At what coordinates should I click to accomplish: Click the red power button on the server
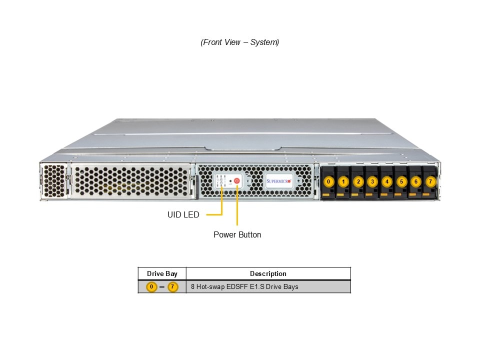[237, 181]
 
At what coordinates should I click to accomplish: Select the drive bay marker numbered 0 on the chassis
[328, 182]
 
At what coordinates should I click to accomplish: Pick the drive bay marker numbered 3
[372, 182]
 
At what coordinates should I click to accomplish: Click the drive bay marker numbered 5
[401, 182]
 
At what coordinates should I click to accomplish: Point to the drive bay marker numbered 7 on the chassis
[430, 182]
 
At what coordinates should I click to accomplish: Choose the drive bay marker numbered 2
[357, 182]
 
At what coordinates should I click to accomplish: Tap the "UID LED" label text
[183, 215]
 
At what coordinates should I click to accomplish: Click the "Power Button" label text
[237, 234]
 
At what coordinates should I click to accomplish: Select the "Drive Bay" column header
[162, 273]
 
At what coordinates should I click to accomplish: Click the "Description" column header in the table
[268, 273]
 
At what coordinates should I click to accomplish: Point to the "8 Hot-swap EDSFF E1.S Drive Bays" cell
[244, 287]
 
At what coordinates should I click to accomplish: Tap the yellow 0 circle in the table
[151, 287]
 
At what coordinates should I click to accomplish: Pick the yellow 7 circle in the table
[173, 287]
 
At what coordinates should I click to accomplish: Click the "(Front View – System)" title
[240, 42]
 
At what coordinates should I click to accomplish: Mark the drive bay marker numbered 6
[416, 182]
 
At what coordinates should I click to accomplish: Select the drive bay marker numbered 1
[343, 182]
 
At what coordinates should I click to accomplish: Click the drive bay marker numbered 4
[386, 182]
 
